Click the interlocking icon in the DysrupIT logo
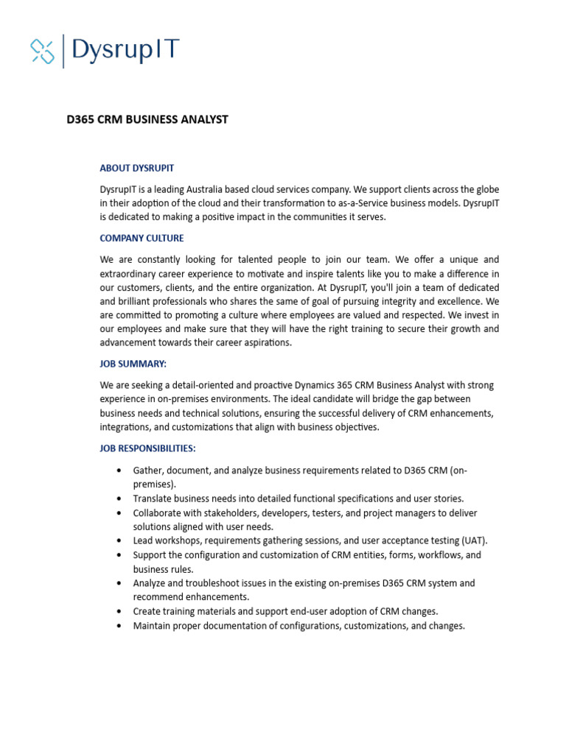[43, 50]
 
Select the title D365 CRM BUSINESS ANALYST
[147, 120]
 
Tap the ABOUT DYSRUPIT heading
[137, 169]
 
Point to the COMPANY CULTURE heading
[141, 239]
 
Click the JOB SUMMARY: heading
[133, 364]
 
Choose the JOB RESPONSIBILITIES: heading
[147, 448]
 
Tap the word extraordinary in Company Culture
[130, 273]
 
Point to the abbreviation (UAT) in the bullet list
[474, 540]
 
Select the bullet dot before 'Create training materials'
[119, 611]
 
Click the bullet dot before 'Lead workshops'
[119, 540]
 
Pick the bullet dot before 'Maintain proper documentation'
[119, 626]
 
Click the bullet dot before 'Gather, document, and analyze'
[119, 471]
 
